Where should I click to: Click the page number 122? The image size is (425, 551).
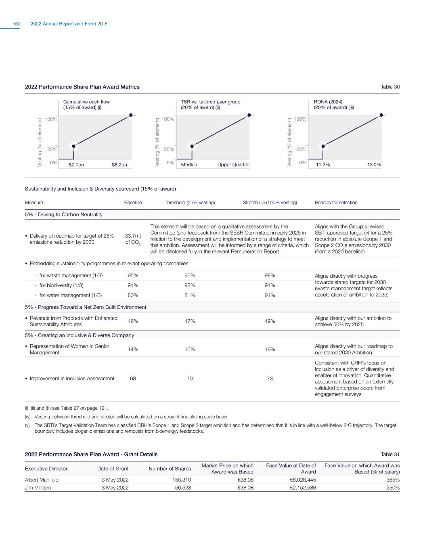(16, 24)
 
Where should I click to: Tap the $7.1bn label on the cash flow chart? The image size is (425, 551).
(76, 165)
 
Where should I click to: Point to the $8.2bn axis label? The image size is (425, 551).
(119, 165)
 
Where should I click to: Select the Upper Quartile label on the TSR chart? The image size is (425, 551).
(233, 165)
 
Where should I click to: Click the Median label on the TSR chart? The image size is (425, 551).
(189, 165)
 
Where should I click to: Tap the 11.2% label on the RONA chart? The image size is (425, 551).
(323, 165)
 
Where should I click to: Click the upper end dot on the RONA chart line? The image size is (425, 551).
(381, 115)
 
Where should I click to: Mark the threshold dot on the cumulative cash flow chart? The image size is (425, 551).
(73, 146)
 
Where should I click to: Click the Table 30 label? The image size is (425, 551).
(390, 87)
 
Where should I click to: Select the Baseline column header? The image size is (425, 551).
(133, 203)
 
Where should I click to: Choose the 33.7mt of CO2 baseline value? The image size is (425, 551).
(133, 239)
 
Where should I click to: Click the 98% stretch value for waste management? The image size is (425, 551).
(270, 275)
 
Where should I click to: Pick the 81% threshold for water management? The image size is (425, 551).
(190, 295)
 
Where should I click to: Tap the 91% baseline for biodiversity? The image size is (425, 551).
(133, 285)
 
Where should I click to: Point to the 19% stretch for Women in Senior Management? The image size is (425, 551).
(270, 350)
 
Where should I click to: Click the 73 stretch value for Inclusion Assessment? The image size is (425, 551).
(270, 379)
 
